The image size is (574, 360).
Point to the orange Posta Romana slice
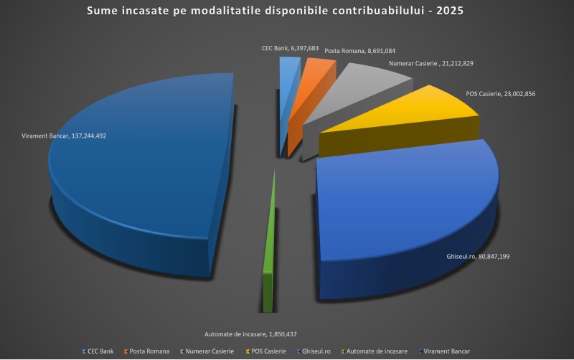316,72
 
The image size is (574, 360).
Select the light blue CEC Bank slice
288,72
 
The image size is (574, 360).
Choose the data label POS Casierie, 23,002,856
500,93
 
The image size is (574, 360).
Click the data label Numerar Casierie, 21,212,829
430,64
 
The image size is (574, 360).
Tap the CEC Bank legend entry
98,351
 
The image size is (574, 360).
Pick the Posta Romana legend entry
147,351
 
